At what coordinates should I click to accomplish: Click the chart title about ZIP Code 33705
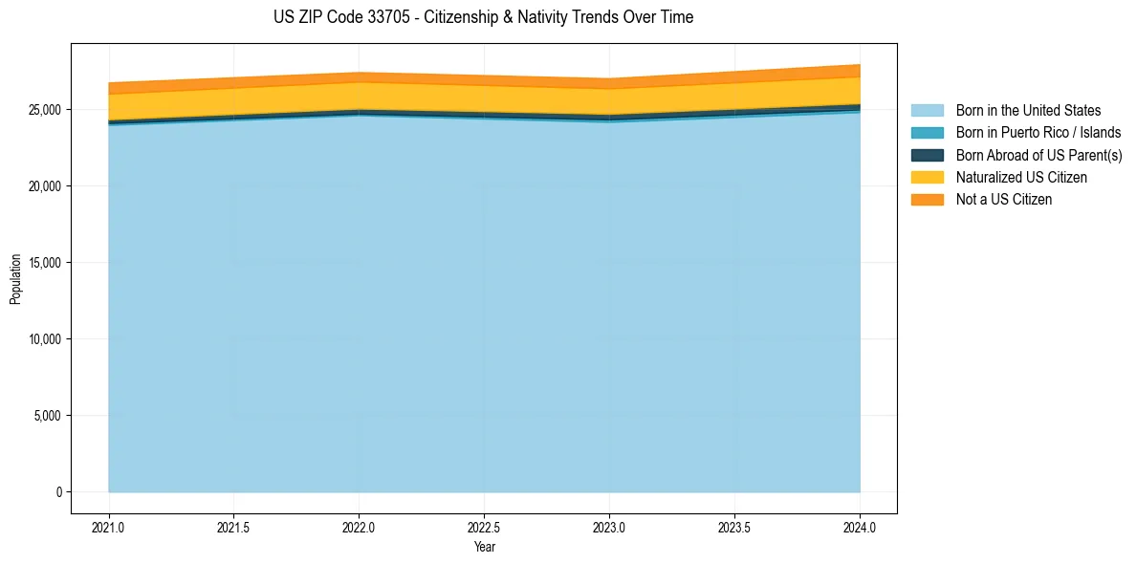point(483,17)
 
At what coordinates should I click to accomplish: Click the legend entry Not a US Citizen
point(1004,200)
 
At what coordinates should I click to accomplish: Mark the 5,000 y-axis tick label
point(46,416)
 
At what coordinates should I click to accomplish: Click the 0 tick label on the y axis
point(58,492)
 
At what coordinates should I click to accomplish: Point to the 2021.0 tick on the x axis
point(108,527)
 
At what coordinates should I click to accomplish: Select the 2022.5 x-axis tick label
point(484,527)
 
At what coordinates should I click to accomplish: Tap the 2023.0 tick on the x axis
point(609,527)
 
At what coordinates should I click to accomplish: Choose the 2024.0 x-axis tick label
point(860,527)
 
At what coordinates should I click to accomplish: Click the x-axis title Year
point(484,548)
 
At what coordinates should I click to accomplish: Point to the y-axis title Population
point(15,279)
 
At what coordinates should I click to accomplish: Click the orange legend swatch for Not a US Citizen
point(927,200)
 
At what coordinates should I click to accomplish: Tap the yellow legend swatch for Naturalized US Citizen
point(927,178)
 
